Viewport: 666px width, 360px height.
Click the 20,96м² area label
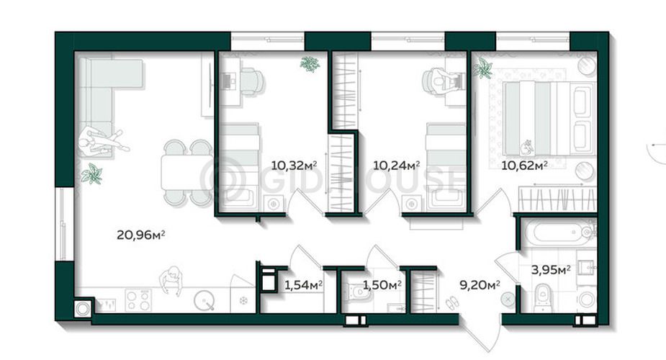coord(140,234)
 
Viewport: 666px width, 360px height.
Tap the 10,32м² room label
coord(294,165)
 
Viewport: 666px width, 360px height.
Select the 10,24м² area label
coord(396,165)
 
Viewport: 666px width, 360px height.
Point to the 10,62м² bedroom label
coord(524,165)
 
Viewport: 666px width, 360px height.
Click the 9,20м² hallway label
coord(480,284)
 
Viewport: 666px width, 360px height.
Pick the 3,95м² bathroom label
coord(551,269)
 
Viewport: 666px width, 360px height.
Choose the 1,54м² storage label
coord(303,285)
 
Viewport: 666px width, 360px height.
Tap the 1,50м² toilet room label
coord(382,284)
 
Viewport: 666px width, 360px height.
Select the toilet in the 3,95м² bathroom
coord(542,297)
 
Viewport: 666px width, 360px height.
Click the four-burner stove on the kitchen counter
coord(138,300)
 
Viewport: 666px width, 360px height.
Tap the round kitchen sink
coord(204,301)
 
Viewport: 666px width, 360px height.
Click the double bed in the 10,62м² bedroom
coord(548,119)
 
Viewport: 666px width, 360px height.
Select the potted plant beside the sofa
coord(92,174)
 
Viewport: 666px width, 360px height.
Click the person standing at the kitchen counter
coord(171,280)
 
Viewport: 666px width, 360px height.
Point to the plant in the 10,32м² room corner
coord(310,64)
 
